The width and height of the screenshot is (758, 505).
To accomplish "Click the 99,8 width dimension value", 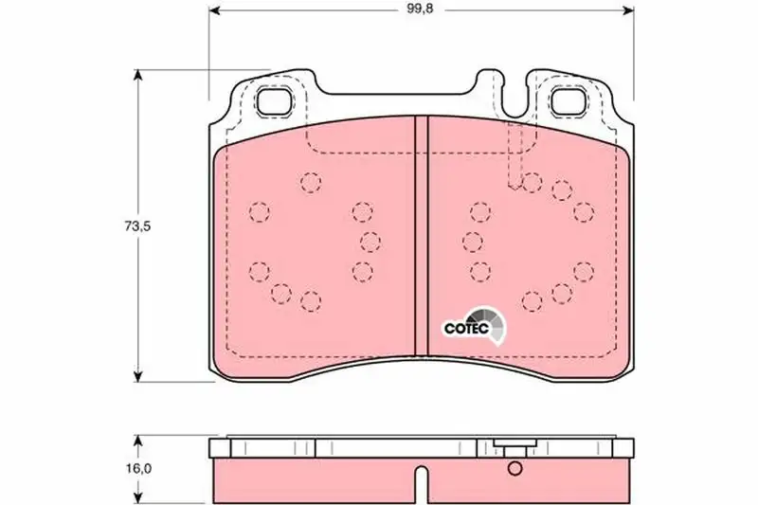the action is [420, 9].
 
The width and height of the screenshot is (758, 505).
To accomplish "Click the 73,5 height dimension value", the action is [137, 225].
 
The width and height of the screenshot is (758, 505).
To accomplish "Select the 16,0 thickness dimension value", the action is [137, 468].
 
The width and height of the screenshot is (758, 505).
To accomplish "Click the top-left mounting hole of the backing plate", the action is [275, 102].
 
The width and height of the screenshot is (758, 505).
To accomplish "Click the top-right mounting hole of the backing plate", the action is [568, 102].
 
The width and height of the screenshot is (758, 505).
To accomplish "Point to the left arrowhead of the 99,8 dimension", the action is [215, 9].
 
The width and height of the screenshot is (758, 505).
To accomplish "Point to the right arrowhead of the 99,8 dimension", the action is [627, 9].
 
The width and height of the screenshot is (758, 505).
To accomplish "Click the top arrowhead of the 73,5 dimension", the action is [138, 76].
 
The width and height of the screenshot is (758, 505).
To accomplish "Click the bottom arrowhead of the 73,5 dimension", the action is [138, 375].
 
